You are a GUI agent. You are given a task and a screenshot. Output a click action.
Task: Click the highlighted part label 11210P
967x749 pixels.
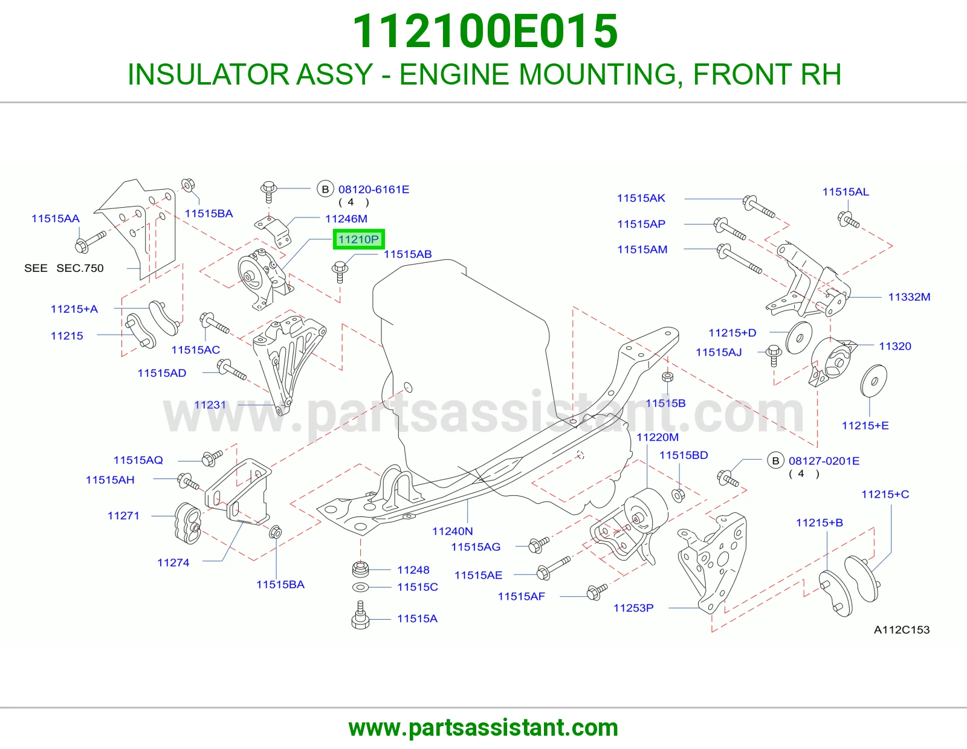[x=358, y=240]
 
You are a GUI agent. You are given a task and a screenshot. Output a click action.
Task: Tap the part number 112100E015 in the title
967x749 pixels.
[x=485, y=31]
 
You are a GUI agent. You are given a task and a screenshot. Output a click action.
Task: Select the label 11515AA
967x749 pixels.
[x=55, y=219]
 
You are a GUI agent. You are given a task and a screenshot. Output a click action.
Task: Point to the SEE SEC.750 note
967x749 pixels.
[x=63, y=268]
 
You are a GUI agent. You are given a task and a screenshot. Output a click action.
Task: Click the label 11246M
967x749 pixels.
[x=346, y=219]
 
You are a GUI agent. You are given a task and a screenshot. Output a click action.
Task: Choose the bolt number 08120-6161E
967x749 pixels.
[x=374, y=190]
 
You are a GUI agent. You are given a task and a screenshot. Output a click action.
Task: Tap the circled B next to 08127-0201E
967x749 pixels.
[x=775, y=461]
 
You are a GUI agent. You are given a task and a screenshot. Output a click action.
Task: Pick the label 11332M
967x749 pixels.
[x=909, y=297]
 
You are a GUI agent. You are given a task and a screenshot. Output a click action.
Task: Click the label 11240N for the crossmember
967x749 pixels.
[x=453, y=531]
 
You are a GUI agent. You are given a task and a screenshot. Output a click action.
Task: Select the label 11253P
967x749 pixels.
[x=634, y=608]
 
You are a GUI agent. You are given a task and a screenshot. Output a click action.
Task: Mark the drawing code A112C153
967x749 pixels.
[x=902, y=630]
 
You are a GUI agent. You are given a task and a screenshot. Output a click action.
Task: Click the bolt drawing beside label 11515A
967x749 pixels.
[x=360, y=616]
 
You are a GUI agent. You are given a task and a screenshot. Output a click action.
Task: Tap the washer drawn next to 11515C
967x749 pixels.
[x=360, y=588]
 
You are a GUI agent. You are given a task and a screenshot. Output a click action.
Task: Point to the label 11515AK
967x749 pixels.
[x=641, y=198]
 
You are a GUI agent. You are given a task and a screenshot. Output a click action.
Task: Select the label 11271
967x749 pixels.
[x=123, y=516]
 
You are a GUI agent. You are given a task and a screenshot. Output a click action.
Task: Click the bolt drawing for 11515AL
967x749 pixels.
[x=848, y=220]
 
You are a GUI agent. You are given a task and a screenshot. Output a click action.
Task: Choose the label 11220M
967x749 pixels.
[x=658, y=437]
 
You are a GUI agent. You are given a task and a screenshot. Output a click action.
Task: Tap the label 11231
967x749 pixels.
[x=210, y=405]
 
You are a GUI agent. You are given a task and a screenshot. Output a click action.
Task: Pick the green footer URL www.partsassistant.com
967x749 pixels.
[x=483, y=728]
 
